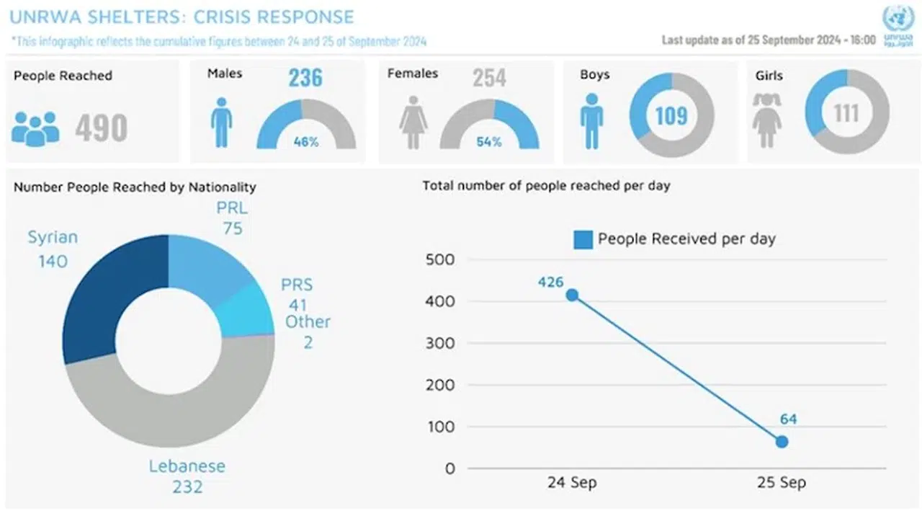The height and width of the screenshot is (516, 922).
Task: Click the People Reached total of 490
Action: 102,128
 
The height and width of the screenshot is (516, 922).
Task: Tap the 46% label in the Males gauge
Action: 306,142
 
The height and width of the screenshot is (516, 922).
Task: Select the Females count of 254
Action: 490,78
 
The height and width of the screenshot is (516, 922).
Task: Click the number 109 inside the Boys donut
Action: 671,115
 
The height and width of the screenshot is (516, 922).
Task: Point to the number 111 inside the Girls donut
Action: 846,113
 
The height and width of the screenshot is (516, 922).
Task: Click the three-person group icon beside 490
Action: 35,128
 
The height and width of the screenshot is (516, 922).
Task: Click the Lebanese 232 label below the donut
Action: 187,476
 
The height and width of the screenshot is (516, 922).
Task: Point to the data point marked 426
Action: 572,295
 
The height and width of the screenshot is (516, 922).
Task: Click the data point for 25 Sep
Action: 782,442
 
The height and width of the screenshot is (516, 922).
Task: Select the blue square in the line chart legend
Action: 583,239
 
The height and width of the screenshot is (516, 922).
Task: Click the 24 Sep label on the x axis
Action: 571,483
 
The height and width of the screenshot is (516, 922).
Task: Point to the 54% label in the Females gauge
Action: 489,142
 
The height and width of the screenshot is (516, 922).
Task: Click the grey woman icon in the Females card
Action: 413,123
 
